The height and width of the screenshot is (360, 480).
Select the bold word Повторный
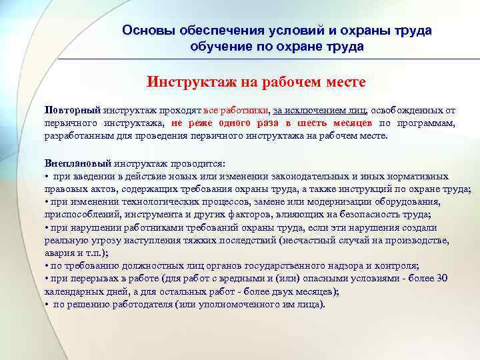click(x=72, y=110)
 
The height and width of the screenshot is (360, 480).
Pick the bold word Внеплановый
click(x=78, y=163)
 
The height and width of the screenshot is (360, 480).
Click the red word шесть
click(x=309, y=123)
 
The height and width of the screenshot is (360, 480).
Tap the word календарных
click(x=71, y=291)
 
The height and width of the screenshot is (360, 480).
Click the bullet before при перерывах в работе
click(x=47, y=279)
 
